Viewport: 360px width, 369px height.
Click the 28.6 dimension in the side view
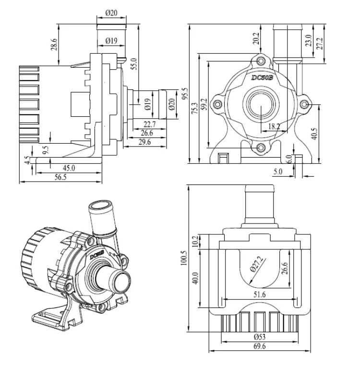pyautogui.click(x=54, y=44)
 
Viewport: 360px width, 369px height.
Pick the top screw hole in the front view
pyautogui.click(x=261, y=61)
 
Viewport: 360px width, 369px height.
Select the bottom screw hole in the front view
pyautogui.click(x=260, y=148)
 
